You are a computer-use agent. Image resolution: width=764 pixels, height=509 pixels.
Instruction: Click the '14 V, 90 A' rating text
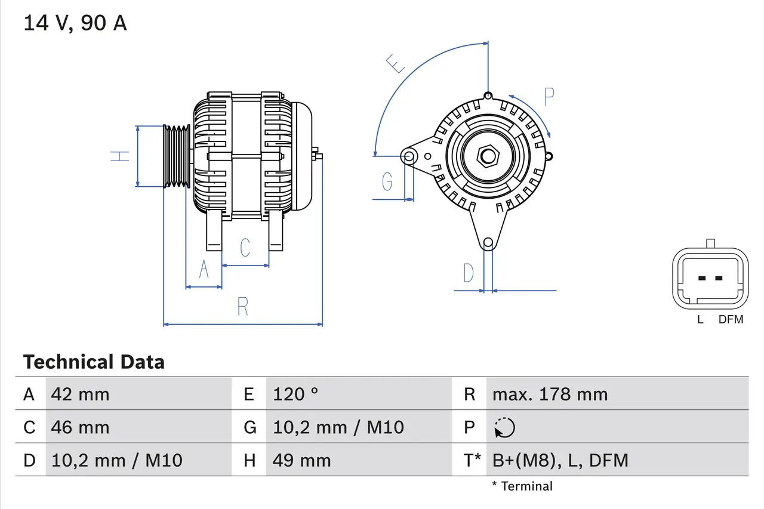pyautogui.click(x=75, y=23)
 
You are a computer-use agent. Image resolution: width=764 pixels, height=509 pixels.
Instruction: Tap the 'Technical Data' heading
pyautogui.click(x=94, y=362)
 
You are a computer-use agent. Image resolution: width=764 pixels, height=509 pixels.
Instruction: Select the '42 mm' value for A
pyautogui.click(x=80, y=394)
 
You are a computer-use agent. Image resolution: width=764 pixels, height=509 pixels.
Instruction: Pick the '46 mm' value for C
pyautogui.click(x=80, y=427)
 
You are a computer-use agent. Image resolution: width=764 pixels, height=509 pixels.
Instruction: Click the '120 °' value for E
pyautogui.click(x=295, y=394)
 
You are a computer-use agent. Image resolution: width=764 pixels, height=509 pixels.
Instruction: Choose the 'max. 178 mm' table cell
pyautogui.click(x=550, y=394)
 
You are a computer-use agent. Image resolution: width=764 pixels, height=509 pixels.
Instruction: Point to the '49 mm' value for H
pyautogui.click(x=301, y=460)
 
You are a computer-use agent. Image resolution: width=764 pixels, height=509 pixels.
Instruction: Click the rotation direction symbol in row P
pyautogui.click(x=504, y=427)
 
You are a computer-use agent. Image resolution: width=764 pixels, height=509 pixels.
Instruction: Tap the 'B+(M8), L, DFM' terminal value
pyautogui.click(x=560, y=460)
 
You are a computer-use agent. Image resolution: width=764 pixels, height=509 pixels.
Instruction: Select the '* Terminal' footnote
pyautogui.click(x=522, y=486)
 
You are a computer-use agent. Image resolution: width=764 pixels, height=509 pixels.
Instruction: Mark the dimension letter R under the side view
pyautogui.click(x=242, y=306)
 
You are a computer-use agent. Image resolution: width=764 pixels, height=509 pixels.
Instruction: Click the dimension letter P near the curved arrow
pyautogui.click(x=549, y=95)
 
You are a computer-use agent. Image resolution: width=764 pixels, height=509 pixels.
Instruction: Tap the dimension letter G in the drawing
pyautogui.click(x=387, y=181)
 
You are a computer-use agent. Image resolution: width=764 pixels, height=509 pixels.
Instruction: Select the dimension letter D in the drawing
pyautogui.click(x=469, y=273)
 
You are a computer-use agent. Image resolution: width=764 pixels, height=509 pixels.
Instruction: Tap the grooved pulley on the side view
pyautogui.click(x=177, y=156)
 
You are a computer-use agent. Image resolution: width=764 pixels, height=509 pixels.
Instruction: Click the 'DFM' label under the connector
pyautogui.click(x=731, y=319)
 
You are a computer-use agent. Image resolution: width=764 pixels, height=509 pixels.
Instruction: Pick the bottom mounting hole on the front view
pyautogui.click(x=488, y=242)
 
